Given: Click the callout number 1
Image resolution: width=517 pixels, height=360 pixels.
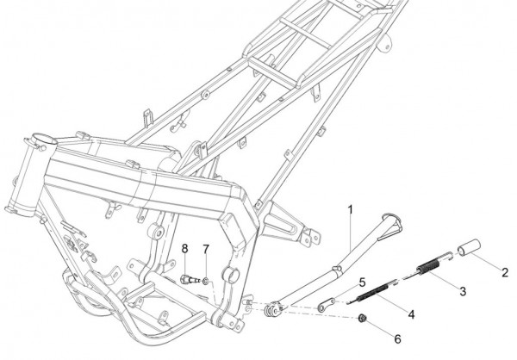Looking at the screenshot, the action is pyautogui.click(x=351, y=209).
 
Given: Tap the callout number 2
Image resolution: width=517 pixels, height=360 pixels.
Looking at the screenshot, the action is pyautogui.click(x=505, y=273).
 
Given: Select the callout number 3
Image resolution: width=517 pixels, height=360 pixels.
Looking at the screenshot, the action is pyautogui.click(x=463, y=291).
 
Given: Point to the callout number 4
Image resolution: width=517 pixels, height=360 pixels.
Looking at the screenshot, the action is pyautogui.click(x=411, y=314).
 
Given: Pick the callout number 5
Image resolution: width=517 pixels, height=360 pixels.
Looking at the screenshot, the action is pyautogui.click(x=363, y=282).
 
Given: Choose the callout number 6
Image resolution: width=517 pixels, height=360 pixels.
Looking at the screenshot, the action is pyautogui.click(x=397, y=339).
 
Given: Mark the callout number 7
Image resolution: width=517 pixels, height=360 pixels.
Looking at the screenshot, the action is pyautogui.click(x=206, y=250).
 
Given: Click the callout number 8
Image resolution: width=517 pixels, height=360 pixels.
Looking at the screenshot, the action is pyautogui.click(x=184, y=249).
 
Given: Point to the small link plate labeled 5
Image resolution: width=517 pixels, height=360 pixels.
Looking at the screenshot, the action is pyautogui.click(x=326, y=305).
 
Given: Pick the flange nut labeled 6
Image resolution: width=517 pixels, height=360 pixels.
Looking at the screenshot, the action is pyautogui.click(x=363, y=318).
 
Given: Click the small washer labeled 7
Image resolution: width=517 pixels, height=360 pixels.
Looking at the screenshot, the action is pyautogui.click(x=205, y=282).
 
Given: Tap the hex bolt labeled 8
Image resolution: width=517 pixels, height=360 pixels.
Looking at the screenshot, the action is pyautogui.click(x=190, y=280).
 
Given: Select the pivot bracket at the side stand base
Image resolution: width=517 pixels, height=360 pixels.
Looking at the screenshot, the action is pyautogui.click(x=274, y=310).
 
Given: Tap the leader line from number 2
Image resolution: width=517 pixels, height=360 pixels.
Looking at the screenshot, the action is pyautogui.click(x=487, y=263).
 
